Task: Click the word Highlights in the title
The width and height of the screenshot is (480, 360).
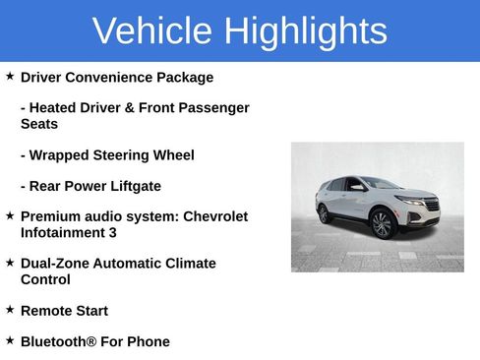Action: tap(305, 31)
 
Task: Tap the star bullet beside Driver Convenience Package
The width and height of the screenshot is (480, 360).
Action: tap(10, 76)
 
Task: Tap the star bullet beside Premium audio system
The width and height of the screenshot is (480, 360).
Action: tap(10, 215)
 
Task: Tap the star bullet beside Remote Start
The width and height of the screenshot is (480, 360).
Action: tap(10, 310)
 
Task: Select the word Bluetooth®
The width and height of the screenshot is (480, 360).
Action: tap(59, 341)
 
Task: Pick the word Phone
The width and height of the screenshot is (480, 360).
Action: tap(148, 341)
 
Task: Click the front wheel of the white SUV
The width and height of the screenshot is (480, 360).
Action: tap(382, 225)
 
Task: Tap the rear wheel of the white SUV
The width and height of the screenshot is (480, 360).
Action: tap(323, 213)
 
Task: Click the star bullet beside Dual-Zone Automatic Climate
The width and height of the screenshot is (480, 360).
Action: tap(10, 263)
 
